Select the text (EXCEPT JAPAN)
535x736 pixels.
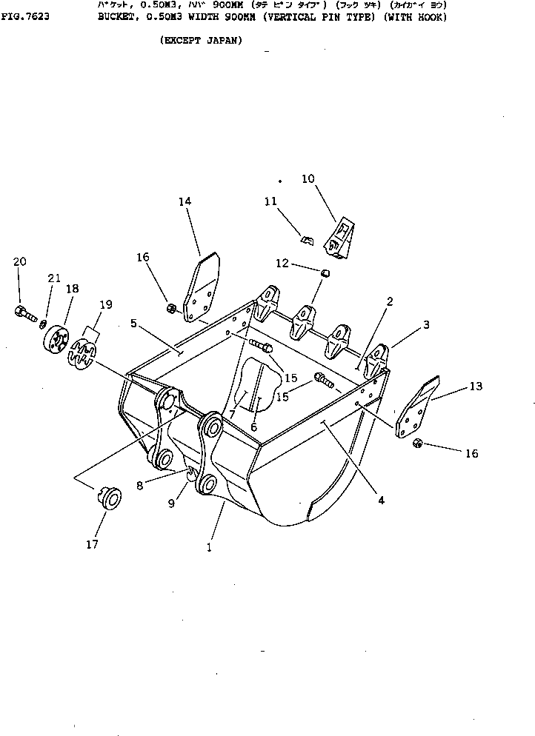pos(200,41)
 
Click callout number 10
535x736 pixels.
pos(308,178)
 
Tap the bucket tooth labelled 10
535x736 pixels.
pos(342,238)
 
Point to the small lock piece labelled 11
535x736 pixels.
pos(306,239)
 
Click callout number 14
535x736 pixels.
pos(185,201)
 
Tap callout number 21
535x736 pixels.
pos(53,278)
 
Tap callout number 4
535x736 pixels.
pos(381,500)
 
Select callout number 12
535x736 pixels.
pos(282,263)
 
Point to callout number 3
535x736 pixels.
pos(426,324)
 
